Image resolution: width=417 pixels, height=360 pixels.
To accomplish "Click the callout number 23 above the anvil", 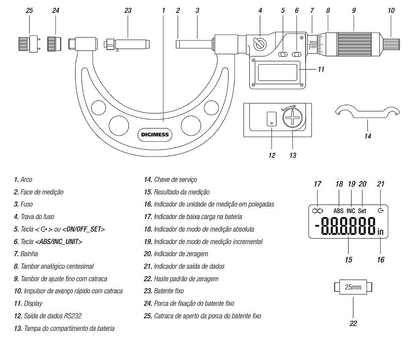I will (x=128, y=10).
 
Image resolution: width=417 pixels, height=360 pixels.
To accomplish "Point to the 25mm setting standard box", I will (x=353, y=287).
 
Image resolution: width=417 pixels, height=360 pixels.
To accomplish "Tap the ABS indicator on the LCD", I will (x=338, y=211).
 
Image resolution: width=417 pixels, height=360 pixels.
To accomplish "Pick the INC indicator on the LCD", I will (x=351, y=211).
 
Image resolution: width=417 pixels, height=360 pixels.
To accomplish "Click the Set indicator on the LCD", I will (x=362, y=211).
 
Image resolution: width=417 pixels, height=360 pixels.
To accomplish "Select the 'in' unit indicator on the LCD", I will (x=380, y=232).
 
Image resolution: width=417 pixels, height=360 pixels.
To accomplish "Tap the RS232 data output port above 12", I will (x=271, y=118).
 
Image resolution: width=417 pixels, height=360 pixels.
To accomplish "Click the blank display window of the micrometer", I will (x=277, y=72).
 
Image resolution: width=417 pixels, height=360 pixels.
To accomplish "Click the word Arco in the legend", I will (x=26, y=180).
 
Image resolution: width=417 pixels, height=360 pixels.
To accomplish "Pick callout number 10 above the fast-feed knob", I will (x=391, y=10).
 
